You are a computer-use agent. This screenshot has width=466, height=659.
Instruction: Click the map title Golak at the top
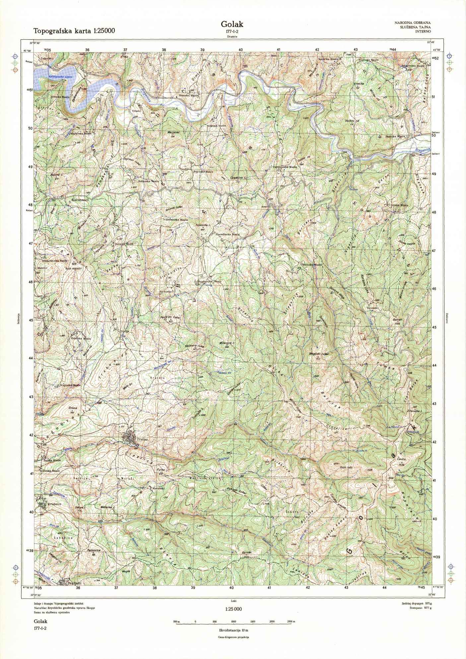click(x=232, y=24)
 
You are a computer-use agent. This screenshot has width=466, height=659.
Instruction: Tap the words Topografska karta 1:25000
click(x=74, y=31)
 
